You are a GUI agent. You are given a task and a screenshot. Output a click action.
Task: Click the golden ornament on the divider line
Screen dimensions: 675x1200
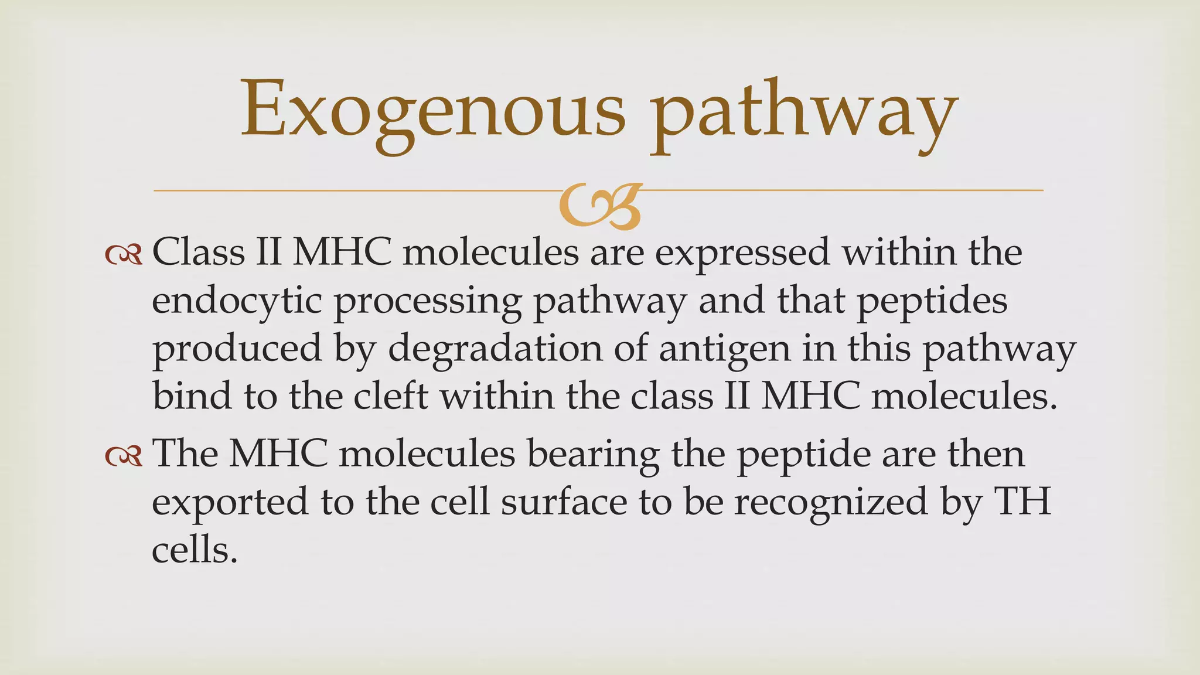[600, 206]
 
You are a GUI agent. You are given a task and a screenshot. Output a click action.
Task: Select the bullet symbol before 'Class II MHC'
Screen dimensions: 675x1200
[124, 254]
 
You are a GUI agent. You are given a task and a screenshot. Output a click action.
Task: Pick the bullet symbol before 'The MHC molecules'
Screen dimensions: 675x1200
[124, 455]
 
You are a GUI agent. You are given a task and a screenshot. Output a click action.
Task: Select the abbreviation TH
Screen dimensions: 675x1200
[1022, 503]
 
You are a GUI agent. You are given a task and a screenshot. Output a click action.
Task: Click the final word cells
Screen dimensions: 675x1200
[195, 551]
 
